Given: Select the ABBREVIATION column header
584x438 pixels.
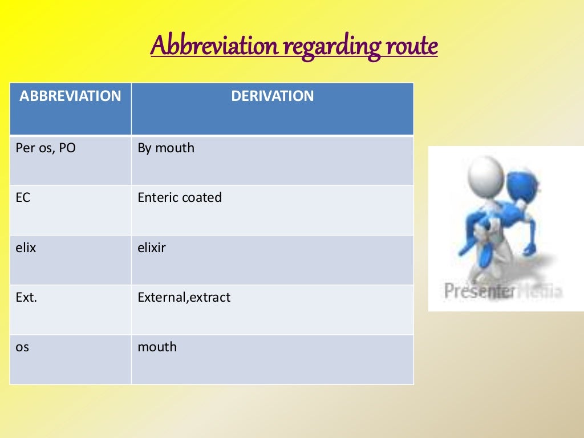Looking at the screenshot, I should click(x=70, y=96).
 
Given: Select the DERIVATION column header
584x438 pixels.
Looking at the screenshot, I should click(x=272, y=96).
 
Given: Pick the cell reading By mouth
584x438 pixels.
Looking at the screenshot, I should click(x=166, y=148).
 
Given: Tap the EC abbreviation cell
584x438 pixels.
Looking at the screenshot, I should click(x=23, y=198).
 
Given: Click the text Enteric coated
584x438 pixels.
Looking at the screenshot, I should click(x=180, y=198).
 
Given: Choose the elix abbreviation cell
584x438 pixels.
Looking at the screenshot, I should click(x=25, y=248).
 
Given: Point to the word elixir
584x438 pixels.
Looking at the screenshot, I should click(x=152, y=248).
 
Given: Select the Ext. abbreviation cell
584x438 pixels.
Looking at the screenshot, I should click(x=26, y=297).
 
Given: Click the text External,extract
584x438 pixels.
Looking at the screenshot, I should click(x=184, y=297).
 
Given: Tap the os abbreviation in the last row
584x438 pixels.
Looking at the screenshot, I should click(x=22, y=347).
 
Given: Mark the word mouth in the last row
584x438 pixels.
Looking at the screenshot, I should click(x=157, y=347).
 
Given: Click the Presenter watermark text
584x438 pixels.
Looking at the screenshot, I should click(x=478, y=291).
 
